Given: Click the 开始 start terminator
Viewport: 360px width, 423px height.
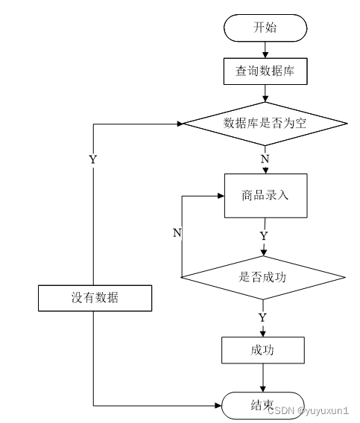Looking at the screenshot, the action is point(265,28).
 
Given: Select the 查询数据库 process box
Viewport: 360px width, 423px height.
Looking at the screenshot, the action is point(265,71).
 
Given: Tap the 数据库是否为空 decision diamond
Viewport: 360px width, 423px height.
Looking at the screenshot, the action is point(265,124).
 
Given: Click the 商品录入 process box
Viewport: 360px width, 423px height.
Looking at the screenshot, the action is point(266,196).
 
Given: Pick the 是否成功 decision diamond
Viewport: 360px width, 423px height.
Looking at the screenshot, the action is point(263,277).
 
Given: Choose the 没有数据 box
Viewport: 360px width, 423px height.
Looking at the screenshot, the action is point(95,298).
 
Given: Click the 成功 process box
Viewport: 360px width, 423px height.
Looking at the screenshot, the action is point(263,350).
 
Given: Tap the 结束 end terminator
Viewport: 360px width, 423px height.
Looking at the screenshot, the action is point(263,405).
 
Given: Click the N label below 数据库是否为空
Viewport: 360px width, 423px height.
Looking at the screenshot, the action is point(265,159).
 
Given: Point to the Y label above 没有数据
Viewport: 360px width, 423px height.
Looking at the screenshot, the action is point(93,159).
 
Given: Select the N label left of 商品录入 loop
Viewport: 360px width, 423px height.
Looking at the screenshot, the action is point(177,233).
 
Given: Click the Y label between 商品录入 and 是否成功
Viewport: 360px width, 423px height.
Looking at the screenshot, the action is point(264,236).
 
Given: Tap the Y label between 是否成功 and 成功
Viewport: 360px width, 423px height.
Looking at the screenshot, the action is point(263,318).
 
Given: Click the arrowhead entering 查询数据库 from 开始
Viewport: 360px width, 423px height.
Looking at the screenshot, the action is point(265,54).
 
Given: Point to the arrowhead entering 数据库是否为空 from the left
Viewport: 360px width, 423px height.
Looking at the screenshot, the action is point(180,124).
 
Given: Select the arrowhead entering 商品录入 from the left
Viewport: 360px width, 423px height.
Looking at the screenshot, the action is point(221,196).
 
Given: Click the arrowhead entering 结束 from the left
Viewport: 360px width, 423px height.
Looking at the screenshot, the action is point(218,405).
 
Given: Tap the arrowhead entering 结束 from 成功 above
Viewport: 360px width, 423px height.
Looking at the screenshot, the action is point(263,389).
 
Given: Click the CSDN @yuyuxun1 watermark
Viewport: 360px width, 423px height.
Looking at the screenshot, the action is point(308,411).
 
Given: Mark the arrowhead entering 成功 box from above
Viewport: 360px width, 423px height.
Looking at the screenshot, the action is point(263,334).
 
